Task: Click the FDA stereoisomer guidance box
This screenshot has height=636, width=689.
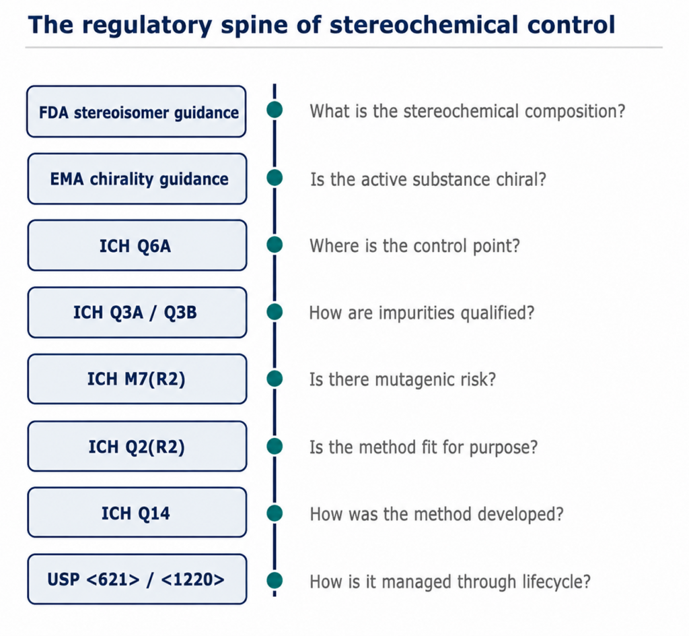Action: pos(136,112)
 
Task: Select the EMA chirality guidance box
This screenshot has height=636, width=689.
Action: pos(137,179)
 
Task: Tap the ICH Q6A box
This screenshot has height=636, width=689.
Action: pos(137,245)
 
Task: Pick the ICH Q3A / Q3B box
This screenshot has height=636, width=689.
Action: pos(137,313)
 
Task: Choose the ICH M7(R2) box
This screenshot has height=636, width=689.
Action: pos(137,379)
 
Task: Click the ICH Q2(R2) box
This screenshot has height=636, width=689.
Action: pos(137,447)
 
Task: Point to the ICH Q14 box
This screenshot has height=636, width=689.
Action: pos(137,513)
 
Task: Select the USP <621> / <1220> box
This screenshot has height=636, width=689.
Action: pos(137,579)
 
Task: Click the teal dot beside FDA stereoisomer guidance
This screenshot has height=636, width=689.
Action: pos(275,110)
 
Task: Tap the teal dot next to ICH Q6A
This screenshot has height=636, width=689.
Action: pos(275,245)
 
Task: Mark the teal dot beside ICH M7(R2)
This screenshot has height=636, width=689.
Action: pos(275,379)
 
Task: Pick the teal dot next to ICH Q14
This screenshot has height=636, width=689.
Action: pos(275,513)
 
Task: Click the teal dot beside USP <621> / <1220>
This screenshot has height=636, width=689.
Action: pos(275,581)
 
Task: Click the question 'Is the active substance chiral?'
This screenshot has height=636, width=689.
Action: pos(428,179)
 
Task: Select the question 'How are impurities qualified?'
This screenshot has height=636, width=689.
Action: pos(422,313)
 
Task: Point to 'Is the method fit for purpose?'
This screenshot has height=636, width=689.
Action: pos(424,447)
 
